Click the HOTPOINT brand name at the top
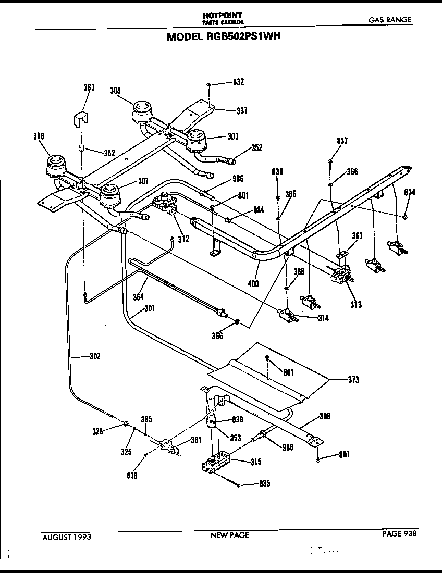(x=223, y=15)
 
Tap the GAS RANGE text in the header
(x=390, y=20)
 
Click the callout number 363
(x=89, y=88)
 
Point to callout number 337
(x=241, y=111)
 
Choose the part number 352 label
(x=256, y=147)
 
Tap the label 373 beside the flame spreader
(x=353, y=380)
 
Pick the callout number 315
(x=256, y=462)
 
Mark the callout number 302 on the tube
(x=94, y=357)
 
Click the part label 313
(x=356, y=305)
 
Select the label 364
(x=138, y=297)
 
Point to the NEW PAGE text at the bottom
(x=229, y=535)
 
